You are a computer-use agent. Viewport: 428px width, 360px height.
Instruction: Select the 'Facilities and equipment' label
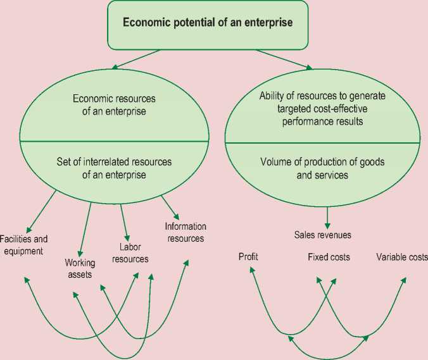23,245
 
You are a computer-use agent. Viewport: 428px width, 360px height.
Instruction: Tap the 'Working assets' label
79,268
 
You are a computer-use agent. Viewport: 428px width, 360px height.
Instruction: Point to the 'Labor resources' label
134,253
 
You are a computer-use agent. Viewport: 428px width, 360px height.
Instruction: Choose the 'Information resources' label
185,232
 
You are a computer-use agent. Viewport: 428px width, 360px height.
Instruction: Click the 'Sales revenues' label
323,235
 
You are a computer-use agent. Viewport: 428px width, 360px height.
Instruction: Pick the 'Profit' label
248,257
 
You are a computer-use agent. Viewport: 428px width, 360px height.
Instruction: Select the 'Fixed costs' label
329,257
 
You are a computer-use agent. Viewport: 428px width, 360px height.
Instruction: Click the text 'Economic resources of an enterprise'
114,105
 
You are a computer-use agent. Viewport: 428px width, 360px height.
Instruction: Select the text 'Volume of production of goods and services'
323,168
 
